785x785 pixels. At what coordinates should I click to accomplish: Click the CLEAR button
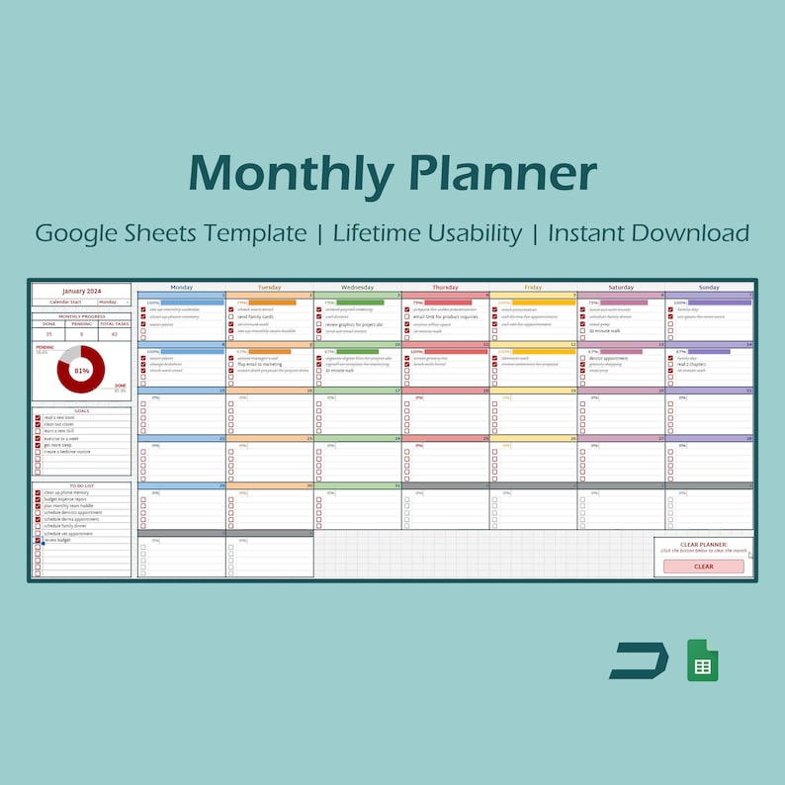point(703,567)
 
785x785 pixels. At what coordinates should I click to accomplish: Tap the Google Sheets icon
point(703,660)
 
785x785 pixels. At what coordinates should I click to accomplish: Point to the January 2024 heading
point(81,291)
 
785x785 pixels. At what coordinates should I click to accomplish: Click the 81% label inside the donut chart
point(81,371)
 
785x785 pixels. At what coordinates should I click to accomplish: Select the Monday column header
point(182,287)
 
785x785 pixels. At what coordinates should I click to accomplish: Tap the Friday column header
point(533,287)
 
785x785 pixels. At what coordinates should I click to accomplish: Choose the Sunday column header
point(709,287)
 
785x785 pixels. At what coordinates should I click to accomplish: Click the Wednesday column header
point(357,287)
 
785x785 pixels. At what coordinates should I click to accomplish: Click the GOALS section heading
point(81,410)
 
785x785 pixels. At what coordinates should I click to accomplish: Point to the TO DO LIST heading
point(81,486)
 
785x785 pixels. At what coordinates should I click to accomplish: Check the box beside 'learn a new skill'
point(38,431)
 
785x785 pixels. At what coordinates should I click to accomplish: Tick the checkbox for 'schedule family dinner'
point(38,526)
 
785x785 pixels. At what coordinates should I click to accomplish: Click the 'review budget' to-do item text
point(57,541)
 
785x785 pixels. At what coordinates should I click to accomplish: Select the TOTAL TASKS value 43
point(114,334)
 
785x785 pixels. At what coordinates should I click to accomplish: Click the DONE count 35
point(48,334)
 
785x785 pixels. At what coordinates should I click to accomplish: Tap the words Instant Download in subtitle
point(648,233)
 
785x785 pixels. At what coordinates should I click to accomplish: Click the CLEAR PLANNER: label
point(703,544)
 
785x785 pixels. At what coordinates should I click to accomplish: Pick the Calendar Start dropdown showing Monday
point(113,302)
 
